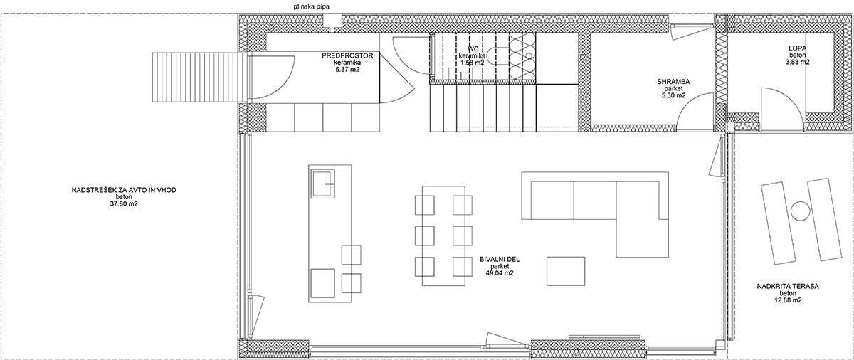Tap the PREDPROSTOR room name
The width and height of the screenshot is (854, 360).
tap(347, 56)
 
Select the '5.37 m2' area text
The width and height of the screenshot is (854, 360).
tap(347, 70)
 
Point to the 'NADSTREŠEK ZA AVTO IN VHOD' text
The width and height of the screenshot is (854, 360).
tap(124, 190)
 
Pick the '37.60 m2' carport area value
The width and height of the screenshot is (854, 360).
tap(124, 203)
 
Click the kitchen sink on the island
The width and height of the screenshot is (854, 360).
tap(323, 184)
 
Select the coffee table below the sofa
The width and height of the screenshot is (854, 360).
tap(565, 271)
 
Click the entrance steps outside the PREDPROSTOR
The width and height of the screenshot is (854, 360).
tap(200, 78)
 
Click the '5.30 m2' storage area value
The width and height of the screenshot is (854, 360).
tap(673, 95)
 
